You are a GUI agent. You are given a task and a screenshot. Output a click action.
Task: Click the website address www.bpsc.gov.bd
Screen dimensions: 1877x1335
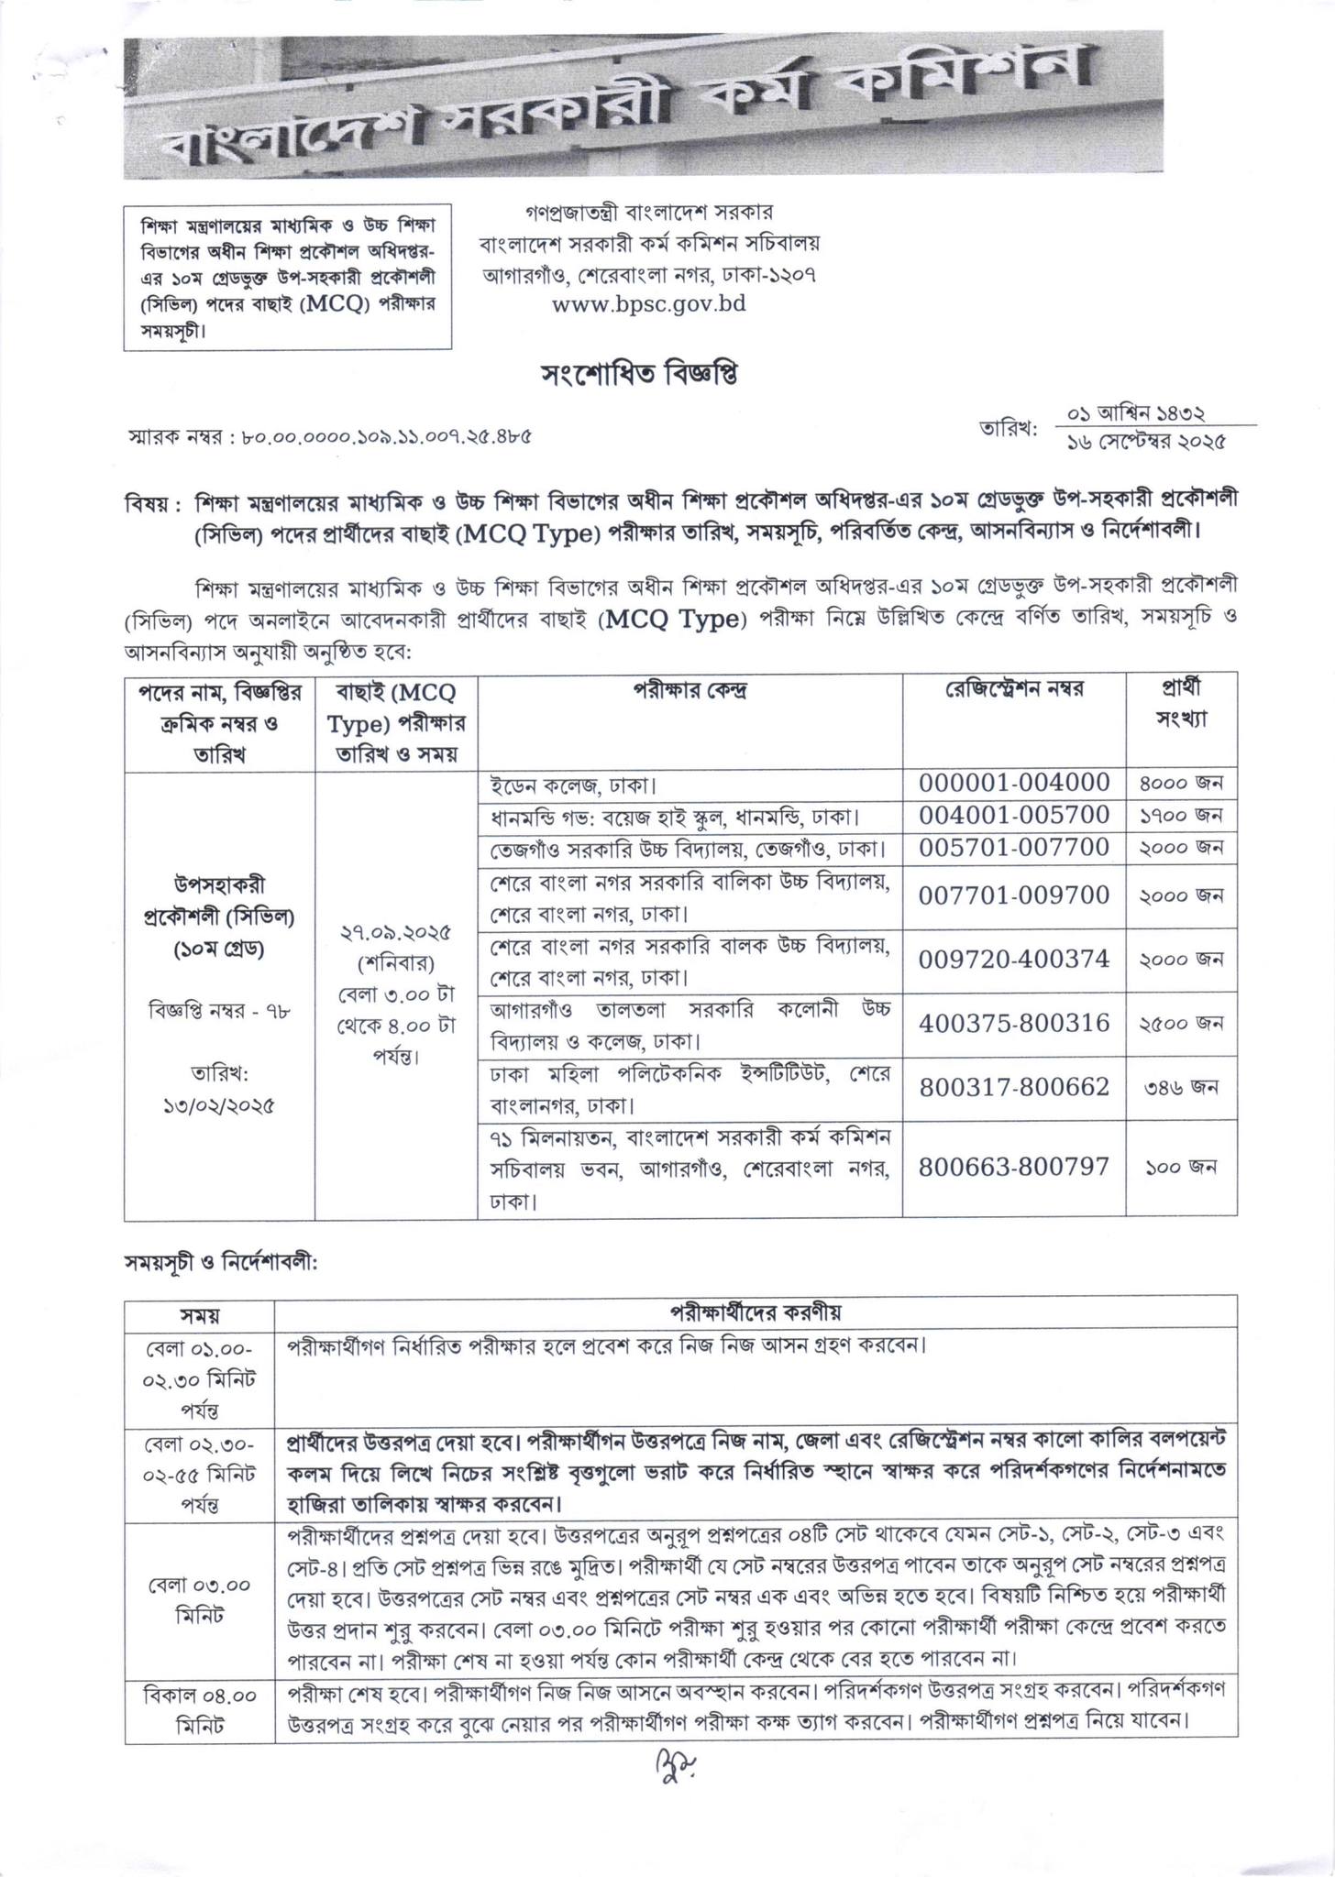[x=648, y=303]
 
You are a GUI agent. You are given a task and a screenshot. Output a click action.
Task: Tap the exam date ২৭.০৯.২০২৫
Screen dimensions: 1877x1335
[x=395, y=934]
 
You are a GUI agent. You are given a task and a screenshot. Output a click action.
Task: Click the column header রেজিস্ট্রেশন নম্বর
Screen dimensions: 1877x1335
[x=1014, y=689]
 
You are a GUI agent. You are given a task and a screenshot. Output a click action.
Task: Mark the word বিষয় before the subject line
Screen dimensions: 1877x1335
[x=147, y=503]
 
